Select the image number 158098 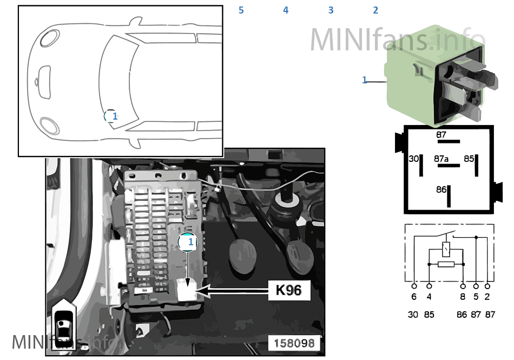[294, 343]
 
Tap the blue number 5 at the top [241, 10]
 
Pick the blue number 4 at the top [286, 10]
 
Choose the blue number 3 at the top [331, 10]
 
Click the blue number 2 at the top [375, 10]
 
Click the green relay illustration [433, 76]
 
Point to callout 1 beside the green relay [364, 80]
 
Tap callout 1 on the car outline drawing [114, 116]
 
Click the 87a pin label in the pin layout [441, 159]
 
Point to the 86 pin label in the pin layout [441, 189]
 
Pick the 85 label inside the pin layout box [469, 159]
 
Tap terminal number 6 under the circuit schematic [414, 297]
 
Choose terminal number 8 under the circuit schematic [463, 297]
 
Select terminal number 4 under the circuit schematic [430, 297]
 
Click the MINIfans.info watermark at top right [398, 38]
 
